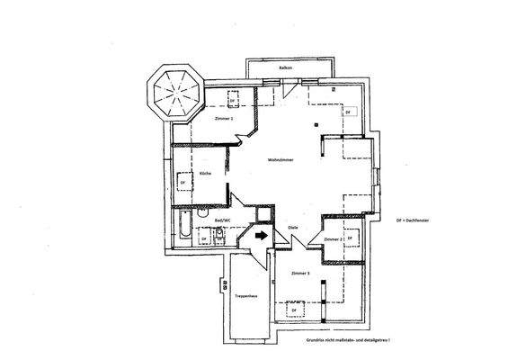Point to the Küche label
[205, 174]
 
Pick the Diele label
[293, 228]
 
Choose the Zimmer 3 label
[299, 272]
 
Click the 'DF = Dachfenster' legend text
[415, 220]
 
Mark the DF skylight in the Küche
[185, 182]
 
